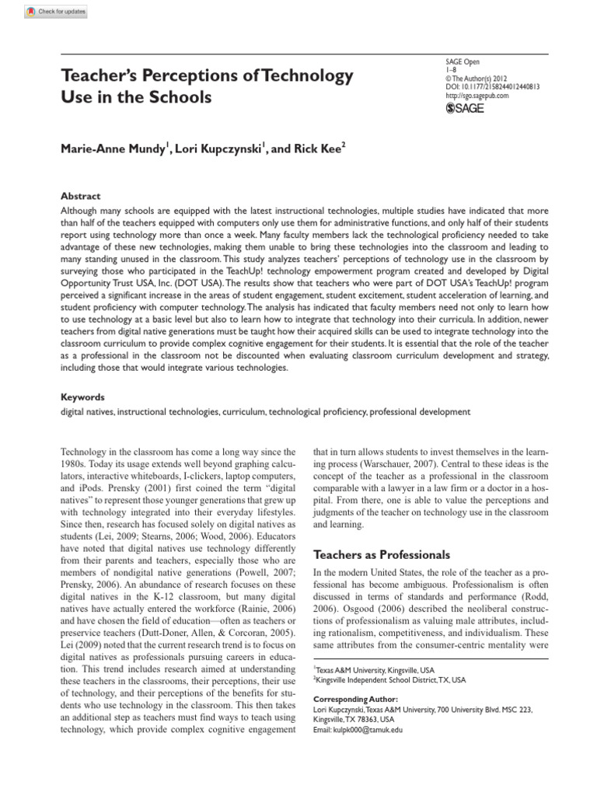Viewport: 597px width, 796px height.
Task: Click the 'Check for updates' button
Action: click(57, 12)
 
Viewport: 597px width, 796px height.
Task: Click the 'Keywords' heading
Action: click(83, 396)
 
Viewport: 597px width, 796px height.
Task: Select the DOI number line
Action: click(492, 87)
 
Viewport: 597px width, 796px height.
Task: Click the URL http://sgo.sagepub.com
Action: click(477, 96)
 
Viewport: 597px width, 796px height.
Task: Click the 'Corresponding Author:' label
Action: click(345, 699)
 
